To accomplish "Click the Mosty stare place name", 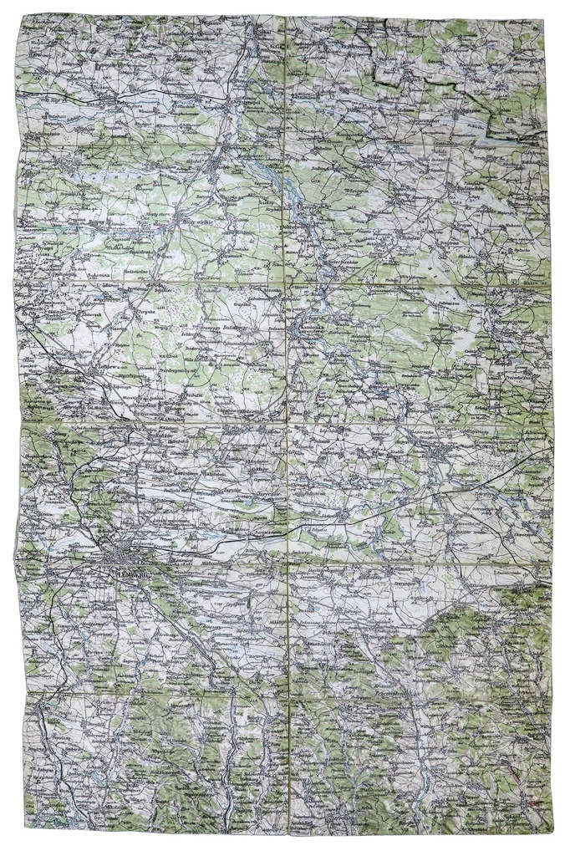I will point(155,215).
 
